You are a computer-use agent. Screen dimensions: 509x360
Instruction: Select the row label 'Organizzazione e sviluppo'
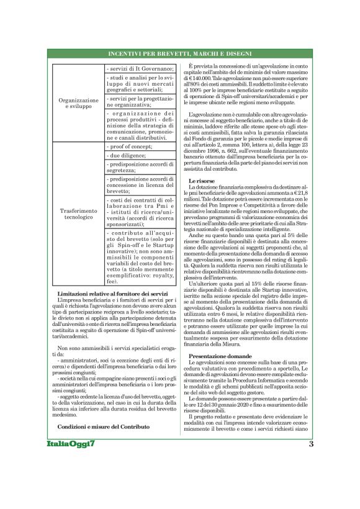[x=79, y=103]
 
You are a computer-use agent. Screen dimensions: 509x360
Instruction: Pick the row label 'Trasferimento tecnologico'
[x=79, y=215]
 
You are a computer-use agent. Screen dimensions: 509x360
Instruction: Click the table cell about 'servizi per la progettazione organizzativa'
[x=140, y=102]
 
